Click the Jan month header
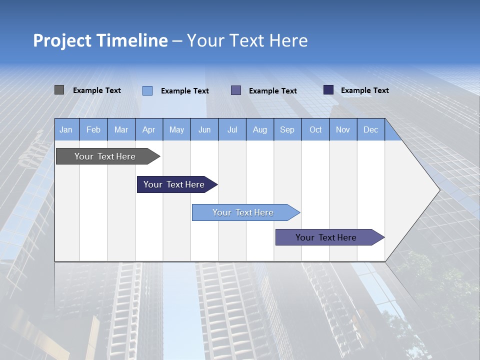click(x=66, y=129)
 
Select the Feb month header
click(x=93, y=129)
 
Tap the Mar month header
click(x=121, y=129)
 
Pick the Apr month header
click(x=148, y=129)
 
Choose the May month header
click(x=176, y=129)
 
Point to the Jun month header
click(x=204, y=129)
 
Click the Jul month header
click(x=232, y=129)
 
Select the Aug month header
click(x=260, y=129)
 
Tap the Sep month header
click(x=287, y=129)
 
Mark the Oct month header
click(x=315, y=129)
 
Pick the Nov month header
click(x=343, y=129)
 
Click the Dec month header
click(x=371, y=129)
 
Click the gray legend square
click(x=59, y=90)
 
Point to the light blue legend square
click(x=147, y=90)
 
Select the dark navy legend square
click(x=328, y=90)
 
